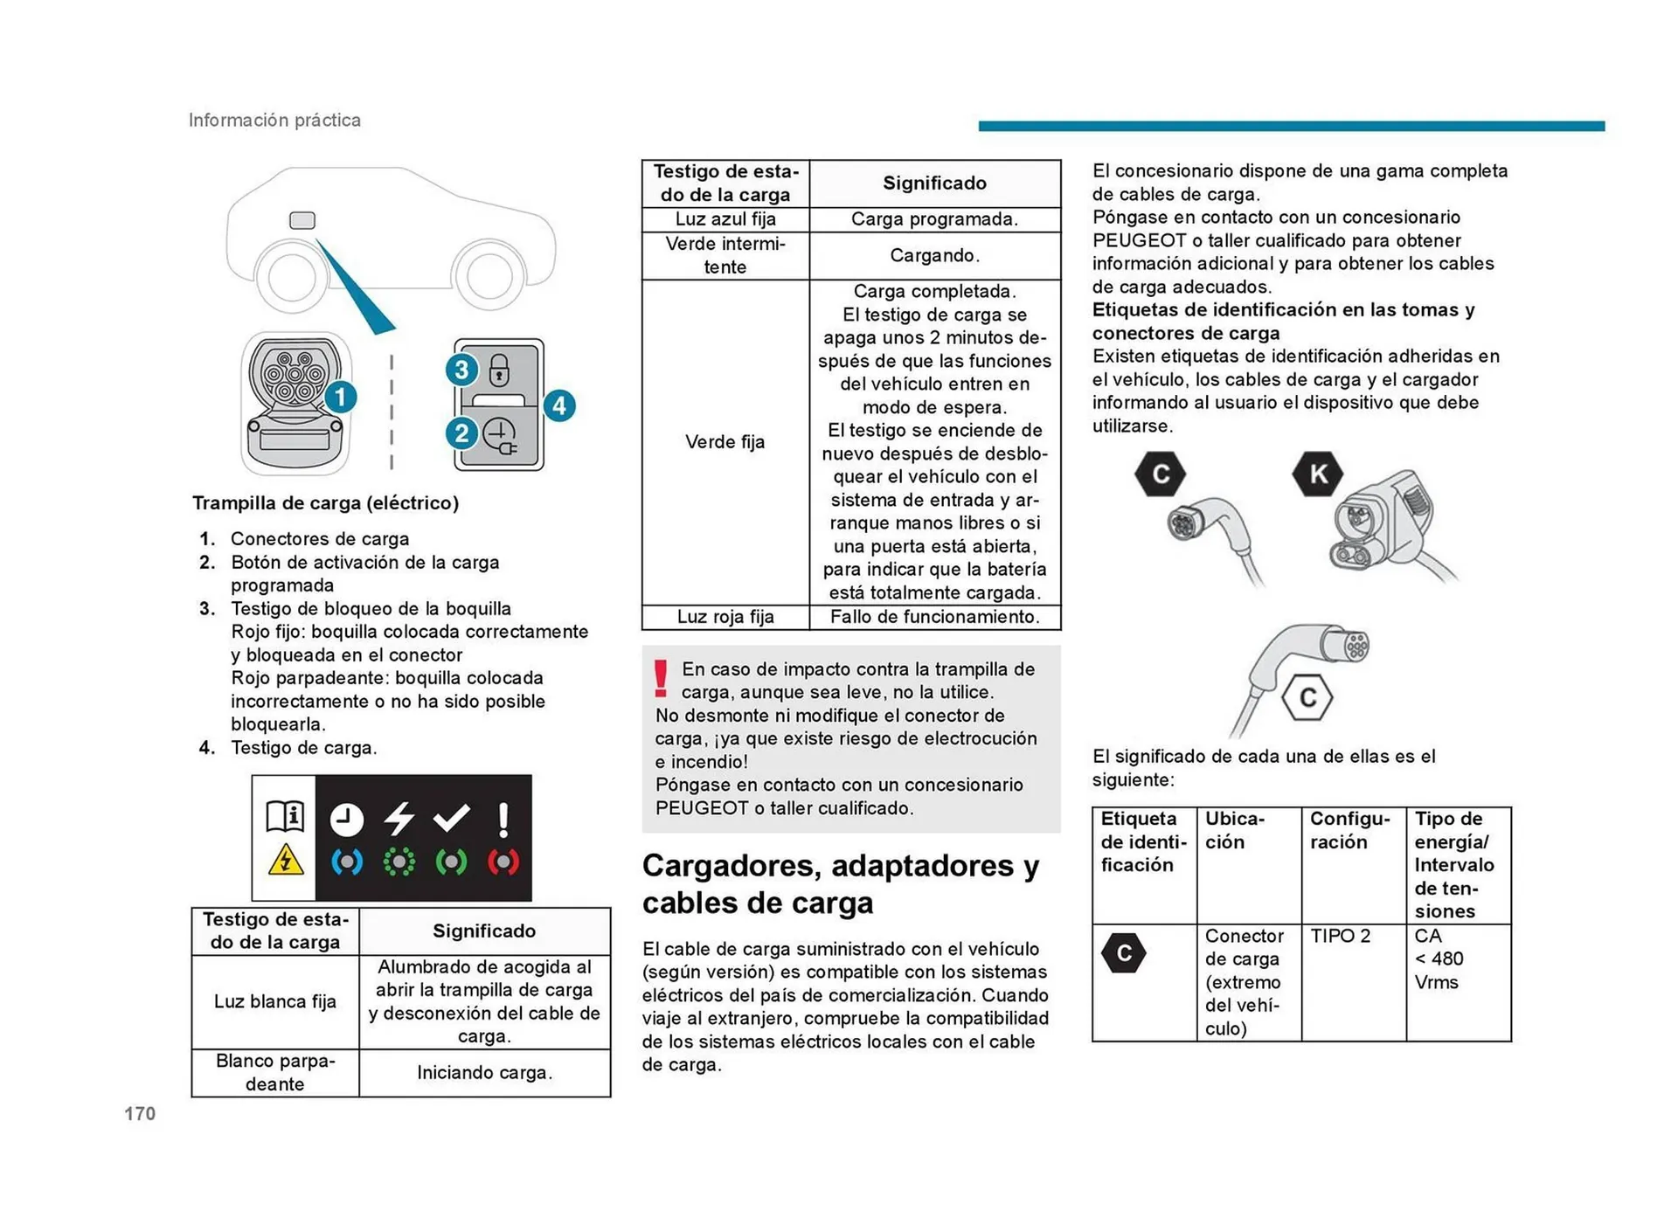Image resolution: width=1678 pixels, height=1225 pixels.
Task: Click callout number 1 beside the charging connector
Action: click(x=340, y=398)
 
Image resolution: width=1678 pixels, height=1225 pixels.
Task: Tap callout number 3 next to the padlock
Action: click(x=461, y=370)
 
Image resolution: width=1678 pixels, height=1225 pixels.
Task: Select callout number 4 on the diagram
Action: click(x=559, y=405)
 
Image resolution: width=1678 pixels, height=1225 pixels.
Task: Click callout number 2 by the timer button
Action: click(x=461, y=433)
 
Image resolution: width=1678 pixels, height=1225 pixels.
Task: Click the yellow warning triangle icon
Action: click(x=286, y=861)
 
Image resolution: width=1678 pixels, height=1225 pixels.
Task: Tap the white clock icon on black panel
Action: click(x=347, y=820)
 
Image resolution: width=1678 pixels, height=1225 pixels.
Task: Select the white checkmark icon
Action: click(x=452, y=818)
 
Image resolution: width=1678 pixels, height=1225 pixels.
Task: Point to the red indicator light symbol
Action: click(x=503, y=862)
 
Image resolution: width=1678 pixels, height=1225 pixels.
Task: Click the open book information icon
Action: click(x=285, y=816)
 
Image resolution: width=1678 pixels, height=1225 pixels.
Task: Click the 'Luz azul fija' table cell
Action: click(x=725, y=219)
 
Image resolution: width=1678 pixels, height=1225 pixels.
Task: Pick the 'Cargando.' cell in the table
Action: click(x=934, y=256)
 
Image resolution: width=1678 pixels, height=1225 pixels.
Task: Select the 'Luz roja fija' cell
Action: click(x=725, y=617)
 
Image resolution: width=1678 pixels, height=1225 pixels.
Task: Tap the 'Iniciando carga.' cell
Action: click(x=484, y=1073)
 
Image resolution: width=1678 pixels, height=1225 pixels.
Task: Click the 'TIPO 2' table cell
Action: click(x=1341, y=937)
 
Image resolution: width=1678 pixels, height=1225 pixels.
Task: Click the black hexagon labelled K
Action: click(x=1317, y=474)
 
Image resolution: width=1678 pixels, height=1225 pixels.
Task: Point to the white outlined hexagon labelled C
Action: click(x=1307, y=697)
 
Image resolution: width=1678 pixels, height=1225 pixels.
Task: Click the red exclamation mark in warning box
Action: click(x=661, y=679)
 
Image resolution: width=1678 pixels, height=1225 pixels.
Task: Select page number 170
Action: click(x=140, y=1114)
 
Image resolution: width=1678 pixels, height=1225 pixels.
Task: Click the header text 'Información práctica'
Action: click(x=274, y=121)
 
